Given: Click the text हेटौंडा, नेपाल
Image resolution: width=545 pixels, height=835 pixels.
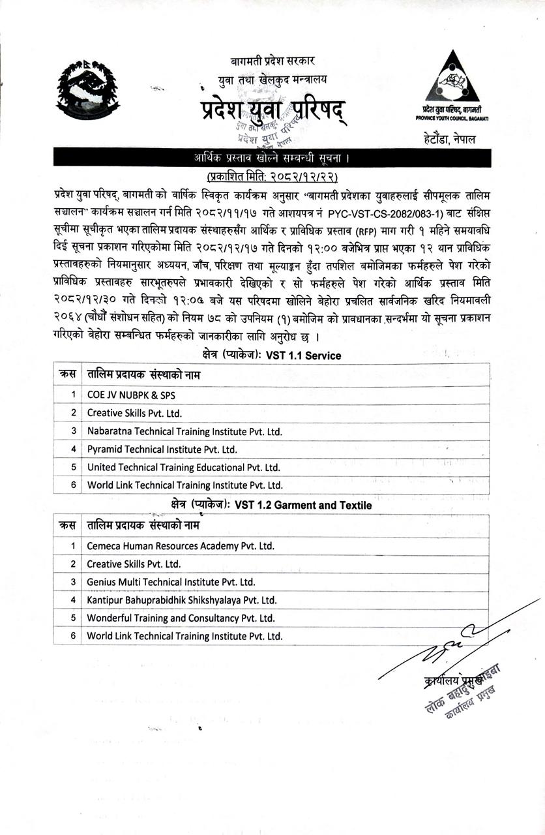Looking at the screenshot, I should coord(449,139).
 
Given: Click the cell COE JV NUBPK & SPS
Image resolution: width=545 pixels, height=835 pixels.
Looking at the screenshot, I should coord(131,395).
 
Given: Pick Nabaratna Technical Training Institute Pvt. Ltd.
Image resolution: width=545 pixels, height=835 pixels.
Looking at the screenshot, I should coord(184,431).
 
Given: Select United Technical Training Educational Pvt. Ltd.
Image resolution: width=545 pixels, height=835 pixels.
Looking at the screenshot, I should coord(183,467).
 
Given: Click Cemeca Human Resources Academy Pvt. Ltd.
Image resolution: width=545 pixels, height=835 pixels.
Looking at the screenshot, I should coord(181,546).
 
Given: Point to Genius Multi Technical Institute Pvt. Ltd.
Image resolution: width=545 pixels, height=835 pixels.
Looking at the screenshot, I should coord(171,582).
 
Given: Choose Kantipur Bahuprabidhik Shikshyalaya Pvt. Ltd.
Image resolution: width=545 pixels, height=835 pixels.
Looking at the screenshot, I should coord(182,600).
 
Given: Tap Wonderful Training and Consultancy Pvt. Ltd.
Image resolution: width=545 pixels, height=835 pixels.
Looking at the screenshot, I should coord(181,618).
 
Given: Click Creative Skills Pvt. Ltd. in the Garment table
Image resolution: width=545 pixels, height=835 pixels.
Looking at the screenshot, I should coord(134,564).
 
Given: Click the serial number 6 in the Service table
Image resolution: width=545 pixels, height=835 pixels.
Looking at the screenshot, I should coord(74,485).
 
